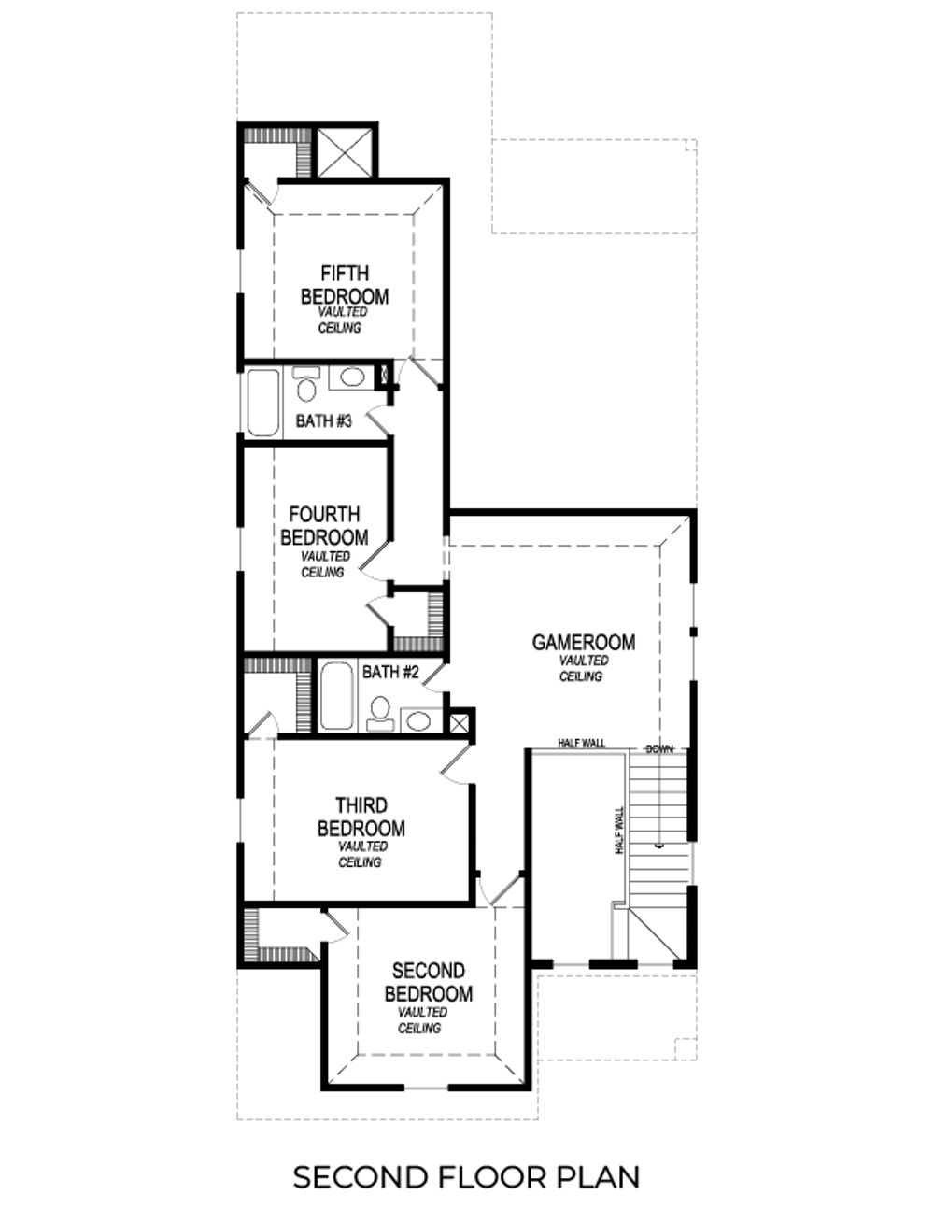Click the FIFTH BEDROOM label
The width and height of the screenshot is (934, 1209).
coord(344,285)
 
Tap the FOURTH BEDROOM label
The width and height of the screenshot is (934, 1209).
coord(324,526)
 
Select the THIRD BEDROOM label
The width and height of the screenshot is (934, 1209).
coord(361,817)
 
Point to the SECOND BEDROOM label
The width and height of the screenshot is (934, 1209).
coord(428,982)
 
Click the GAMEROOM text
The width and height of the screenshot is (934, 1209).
coord(583,642)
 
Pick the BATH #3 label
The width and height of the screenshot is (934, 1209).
coord(323,421)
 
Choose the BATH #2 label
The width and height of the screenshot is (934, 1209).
coord(389,672)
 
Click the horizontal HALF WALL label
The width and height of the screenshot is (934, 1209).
coord(581,744)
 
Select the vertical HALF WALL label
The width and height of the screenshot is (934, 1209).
coord(618,832)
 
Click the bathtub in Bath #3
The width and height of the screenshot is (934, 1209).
coord(262,403)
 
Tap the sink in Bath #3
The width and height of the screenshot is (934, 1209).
coord(351,377)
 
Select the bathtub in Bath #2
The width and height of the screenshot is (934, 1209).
coord(337,696)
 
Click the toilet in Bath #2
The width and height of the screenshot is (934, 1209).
coord(380,713)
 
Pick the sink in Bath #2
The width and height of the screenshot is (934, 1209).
coord(419,720)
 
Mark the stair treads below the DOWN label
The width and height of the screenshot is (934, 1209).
coord(658,822)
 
